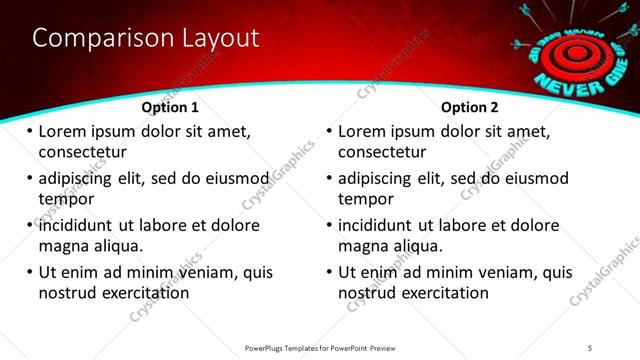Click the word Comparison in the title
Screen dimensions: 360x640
pos(93,38)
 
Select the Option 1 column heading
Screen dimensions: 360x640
pos(170,107)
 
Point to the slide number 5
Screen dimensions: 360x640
pos(590,347)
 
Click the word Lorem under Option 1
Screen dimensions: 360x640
pos(62,131)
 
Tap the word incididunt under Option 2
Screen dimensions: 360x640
pos(381,225)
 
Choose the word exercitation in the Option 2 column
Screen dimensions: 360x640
pos(445,293)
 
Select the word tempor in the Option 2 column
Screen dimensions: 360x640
pos(366,199)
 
